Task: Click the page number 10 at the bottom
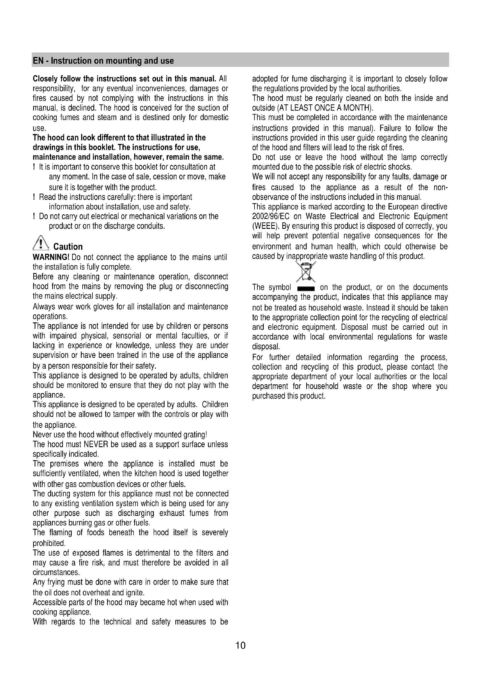click(240, 645)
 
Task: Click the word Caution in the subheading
click(68, 247)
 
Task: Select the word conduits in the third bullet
click(150, 226)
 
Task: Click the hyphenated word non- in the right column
click(440, 188)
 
